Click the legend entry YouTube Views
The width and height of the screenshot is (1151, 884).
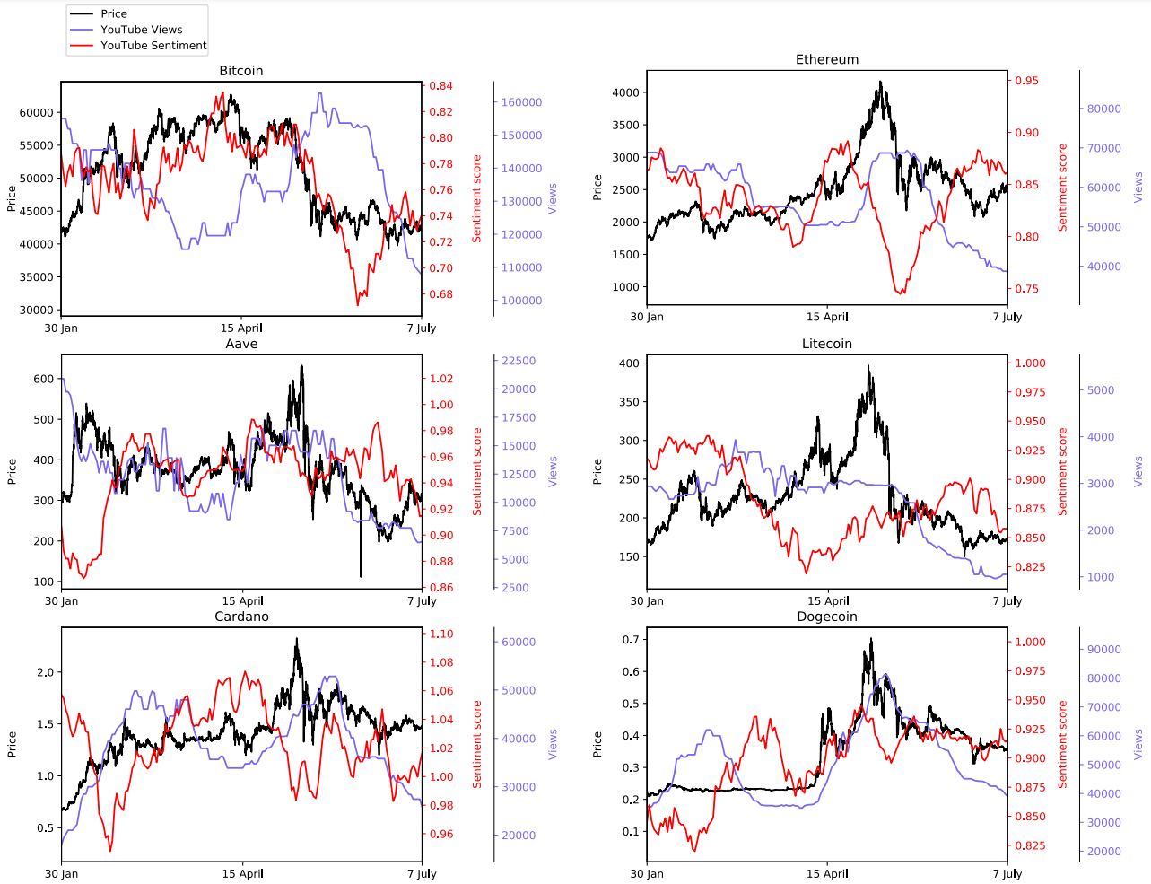141,30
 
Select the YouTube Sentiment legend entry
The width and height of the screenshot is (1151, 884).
153,45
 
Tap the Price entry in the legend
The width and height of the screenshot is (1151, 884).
114,13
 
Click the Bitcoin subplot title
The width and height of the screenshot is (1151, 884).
241,71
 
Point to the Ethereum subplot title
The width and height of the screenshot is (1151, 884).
827,59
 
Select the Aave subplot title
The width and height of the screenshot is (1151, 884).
241,344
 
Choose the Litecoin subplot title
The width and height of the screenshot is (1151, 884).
827,344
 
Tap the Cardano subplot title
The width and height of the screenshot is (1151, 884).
241,617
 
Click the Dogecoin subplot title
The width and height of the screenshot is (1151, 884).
827,617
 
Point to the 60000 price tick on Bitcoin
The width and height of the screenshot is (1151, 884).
37,112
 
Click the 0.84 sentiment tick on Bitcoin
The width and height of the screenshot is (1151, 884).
440,86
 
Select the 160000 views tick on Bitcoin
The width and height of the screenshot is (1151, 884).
521,102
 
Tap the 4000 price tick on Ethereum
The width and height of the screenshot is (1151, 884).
625,92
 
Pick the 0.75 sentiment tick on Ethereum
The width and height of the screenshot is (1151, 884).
1026,289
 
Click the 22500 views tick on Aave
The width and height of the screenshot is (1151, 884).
519,361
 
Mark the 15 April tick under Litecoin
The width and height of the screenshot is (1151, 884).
827,600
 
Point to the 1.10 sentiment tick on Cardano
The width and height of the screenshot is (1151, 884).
440,634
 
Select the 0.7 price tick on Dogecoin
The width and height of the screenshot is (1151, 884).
631,640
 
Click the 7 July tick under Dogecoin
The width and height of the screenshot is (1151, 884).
1007,873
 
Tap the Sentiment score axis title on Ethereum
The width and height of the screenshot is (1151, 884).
1063,188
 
